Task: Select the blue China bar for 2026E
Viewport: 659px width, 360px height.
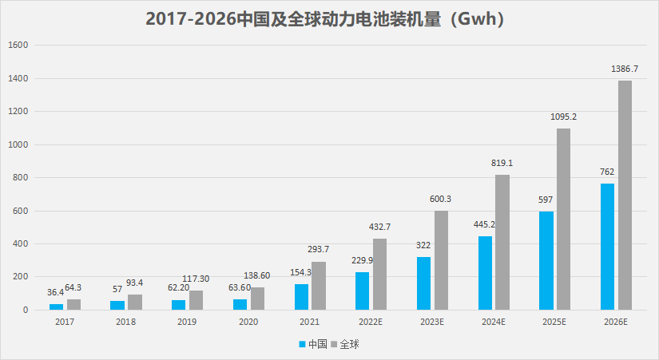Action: click(x=607, y=247)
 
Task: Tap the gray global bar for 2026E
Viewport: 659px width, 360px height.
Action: click(x=625, y=195)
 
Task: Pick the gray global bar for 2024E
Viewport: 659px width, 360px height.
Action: click(x=502, y=242)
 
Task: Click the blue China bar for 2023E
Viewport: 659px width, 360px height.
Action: click(x=423, y=283)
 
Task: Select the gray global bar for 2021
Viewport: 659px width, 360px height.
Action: click(x=319, y=285)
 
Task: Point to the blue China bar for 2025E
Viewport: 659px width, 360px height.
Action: click(x=546, y=260)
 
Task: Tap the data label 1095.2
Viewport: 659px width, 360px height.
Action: click(x=563, y=117)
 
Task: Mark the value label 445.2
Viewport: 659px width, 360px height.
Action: click(x=485, y=224)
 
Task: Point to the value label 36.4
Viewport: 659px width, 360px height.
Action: click(x=56, y=292)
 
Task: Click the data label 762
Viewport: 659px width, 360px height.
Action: click(x=607, y=172)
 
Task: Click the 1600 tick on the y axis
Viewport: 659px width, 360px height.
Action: click(x=18, y=45)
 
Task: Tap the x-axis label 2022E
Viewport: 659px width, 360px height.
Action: click(x=371, y=322)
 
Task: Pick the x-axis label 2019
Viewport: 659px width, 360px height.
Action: click(x=187, y=322)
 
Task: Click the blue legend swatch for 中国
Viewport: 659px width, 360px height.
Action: click(x=303, y=344)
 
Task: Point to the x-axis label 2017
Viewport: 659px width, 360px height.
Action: click(x=65, y=322)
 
